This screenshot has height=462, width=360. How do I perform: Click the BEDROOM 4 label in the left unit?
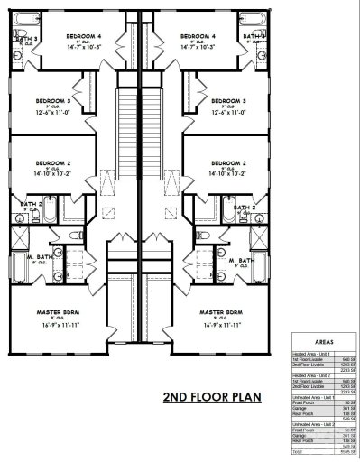tap(85, 36)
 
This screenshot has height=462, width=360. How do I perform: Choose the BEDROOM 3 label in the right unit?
tap(228, 100)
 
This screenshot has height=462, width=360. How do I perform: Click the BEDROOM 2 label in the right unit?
tap(229, 163)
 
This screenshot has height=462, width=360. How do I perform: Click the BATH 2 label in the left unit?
tap(31, 205)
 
